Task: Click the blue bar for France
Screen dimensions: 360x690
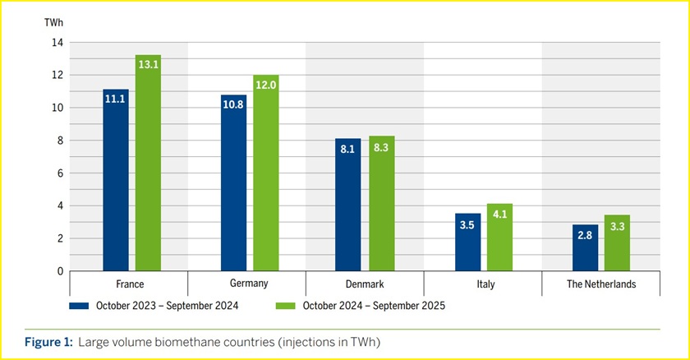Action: coord(116,189)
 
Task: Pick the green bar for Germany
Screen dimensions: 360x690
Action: coord(266,181)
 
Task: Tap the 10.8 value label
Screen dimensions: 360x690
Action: coord(233,107)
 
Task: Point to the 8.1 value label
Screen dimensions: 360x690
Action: coord(348,150)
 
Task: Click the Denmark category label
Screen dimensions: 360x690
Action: coord(365,284)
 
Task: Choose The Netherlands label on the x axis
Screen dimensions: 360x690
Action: coord(601,284)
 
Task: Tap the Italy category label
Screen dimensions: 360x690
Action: coord(483,284)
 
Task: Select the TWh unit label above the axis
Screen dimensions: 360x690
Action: coord(53,20)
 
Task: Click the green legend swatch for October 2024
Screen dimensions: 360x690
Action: coord(284,306)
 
